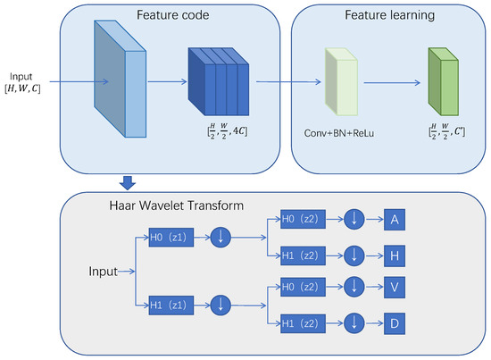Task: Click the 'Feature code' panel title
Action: [x=167, y=15]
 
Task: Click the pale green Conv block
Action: [x=344, y=83]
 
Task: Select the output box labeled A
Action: [x=396, y=217]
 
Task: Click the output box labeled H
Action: [x=396, y=255]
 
